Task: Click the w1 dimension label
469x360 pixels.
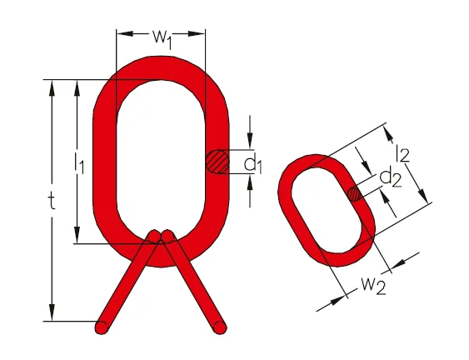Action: point(162,39)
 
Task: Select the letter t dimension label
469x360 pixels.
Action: point(52,200)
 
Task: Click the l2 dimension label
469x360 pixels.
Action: point(402,153)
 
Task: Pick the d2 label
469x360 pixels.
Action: point(391,177)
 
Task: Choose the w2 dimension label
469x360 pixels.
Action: point(373,286)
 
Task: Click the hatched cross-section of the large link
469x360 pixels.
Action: point(217,162)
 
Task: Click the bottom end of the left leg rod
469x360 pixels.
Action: point(102,327)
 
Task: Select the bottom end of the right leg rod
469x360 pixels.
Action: point(220,327)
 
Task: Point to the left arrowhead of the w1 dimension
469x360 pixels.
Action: point(125,33)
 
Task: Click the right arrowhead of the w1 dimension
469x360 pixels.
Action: point(197,33)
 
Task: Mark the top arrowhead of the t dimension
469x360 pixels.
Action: point(52,88)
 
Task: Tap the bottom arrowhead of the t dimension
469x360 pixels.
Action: point(52,312)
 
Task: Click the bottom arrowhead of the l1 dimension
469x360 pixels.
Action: point(77,235)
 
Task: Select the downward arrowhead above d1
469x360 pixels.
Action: point(250,141)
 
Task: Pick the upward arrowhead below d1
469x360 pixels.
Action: point(250,182)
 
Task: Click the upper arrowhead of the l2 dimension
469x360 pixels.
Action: point(388,134)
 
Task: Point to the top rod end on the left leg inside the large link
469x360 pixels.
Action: point(155,236)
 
